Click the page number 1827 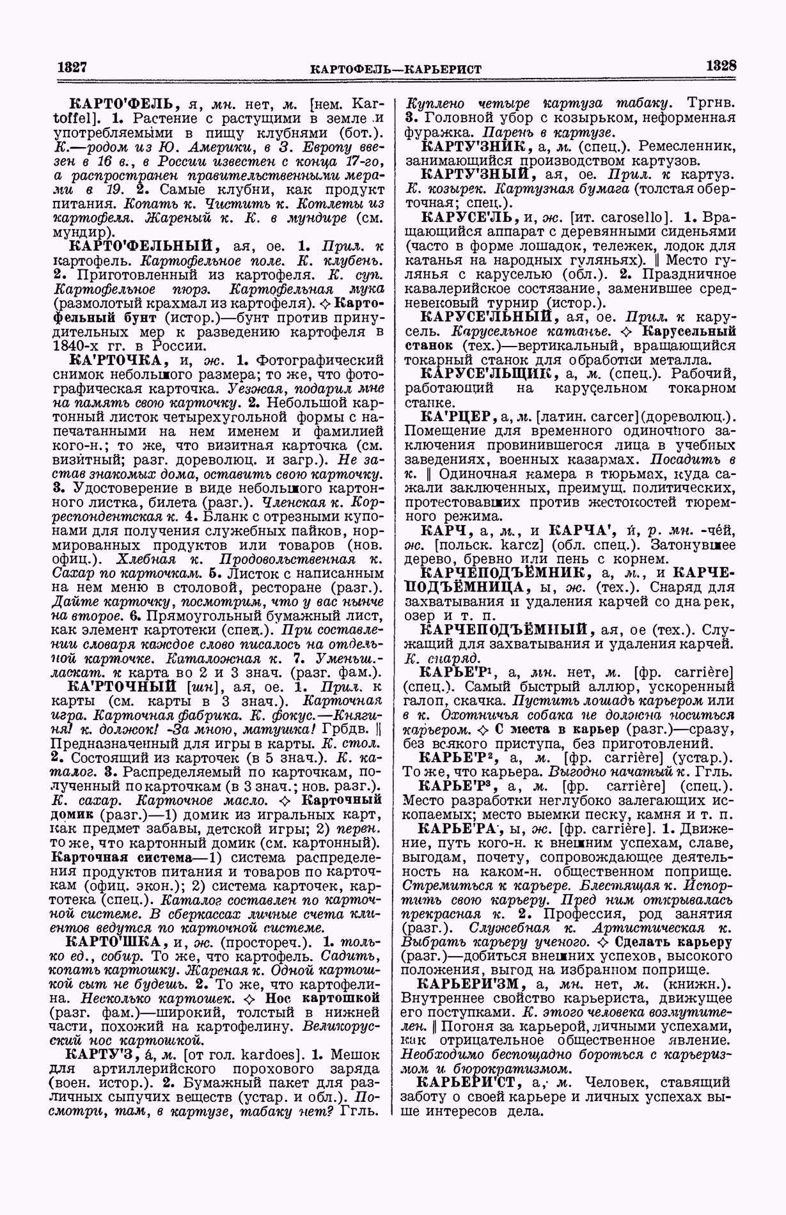coord(72,67)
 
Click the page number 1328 coord(721,66)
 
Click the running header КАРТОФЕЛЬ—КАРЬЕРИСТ coord(395,68)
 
